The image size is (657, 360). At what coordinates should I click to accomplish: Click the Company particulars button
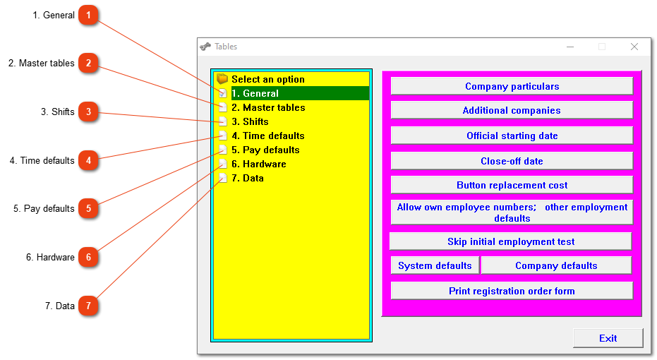(512, 86)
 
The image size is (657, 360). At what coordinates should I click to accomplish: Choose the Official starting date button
(512, 136)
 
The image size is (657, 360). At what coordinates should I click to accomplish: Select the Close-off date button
(512, 161)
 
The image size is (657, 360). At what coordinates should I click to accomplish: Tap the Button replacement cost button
(512, 185)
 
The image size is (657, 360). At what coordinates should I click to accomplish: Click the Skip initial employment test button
(511, 242)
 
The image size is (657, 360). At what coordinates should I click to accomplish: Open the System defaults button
(435, 265)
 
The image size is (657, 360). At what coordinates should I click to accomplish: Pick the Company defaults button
(556, 265)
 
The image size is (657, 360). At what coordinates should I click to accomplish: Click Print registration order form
(512, 291)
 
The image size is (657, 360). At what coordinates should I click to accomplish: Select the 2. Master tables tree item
(268, 108)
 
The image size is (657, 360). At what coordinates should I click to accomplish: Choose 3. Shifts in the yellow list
(250, 122)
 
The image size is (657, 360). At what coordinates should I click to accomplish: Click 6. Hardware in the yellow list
(259, 164)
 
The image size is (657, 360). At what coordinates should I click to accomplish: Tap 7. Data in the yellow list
(248, 179)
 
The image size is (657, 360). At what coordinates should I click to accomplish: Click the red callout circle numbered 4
(88, 160)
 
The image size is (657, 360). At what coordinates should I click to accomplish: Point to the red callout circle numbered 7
(88, 306)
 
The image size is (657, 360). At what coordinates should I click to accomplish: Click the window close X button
(634, 47)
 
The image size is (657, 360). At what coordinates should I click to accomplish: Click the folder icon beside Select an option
(222, 79)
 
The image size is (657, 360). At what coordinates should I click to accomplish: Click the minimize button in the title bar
(570, 47)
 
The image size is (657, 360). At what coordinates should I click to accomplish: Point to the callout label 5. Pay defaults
(44, 209)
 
